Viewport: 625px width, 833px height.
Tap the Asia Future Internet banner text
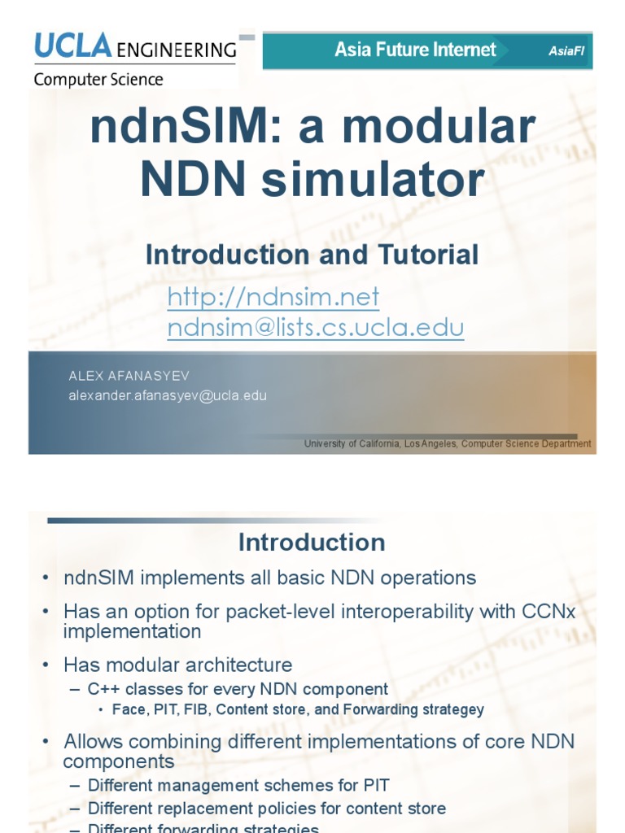coord(415,50)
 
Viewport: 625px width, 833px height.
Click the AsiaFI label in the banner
coord(566,51)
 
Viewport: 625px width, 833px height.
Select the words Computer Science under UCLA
coord(98,80)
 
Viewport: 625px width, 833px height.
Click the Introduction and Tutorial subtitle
coord(312,255)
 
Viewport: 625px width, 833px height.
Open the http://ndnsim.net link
coord(273,297)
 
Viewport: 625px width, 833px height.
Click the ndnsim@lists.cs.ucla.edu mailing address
coord(315,327)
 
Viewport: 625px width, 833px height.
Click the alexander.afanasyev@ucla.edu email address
coord(167,395)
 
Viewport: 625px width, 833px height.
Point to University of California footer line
coord(448,443)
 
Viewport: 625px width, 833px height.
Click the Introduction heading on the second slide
coord(312,542)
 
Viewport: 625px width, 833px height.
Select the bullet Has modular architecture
coord(177,665)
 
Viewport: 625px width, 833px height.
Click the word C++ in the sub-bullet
coord(103,689)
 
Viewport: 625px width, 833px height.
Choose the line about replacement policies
coord(266,808)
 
